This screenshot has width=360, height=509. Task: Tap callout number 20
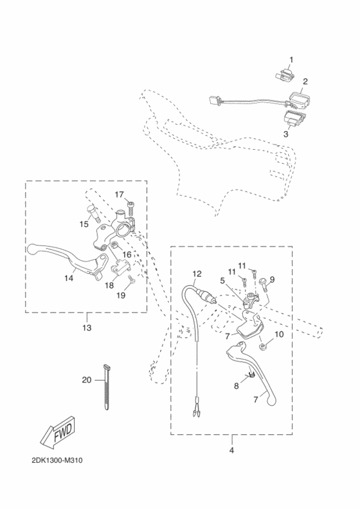click(87, 379)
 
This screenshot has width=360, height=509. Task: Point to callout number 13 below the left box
click(86, 328)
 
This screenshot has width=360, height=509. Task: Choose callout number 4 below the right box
click(231, 451)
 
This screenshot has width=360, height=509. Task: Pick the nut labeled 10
click(264, 347)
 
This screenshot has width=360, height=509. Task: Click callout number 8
click(236, 386)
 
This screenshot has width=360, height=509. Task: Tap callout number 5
click(222, 280)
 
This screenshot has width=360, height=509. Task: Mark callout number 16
click(127, 255)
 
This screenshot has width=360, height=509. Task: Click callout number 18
click(109, 285)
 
